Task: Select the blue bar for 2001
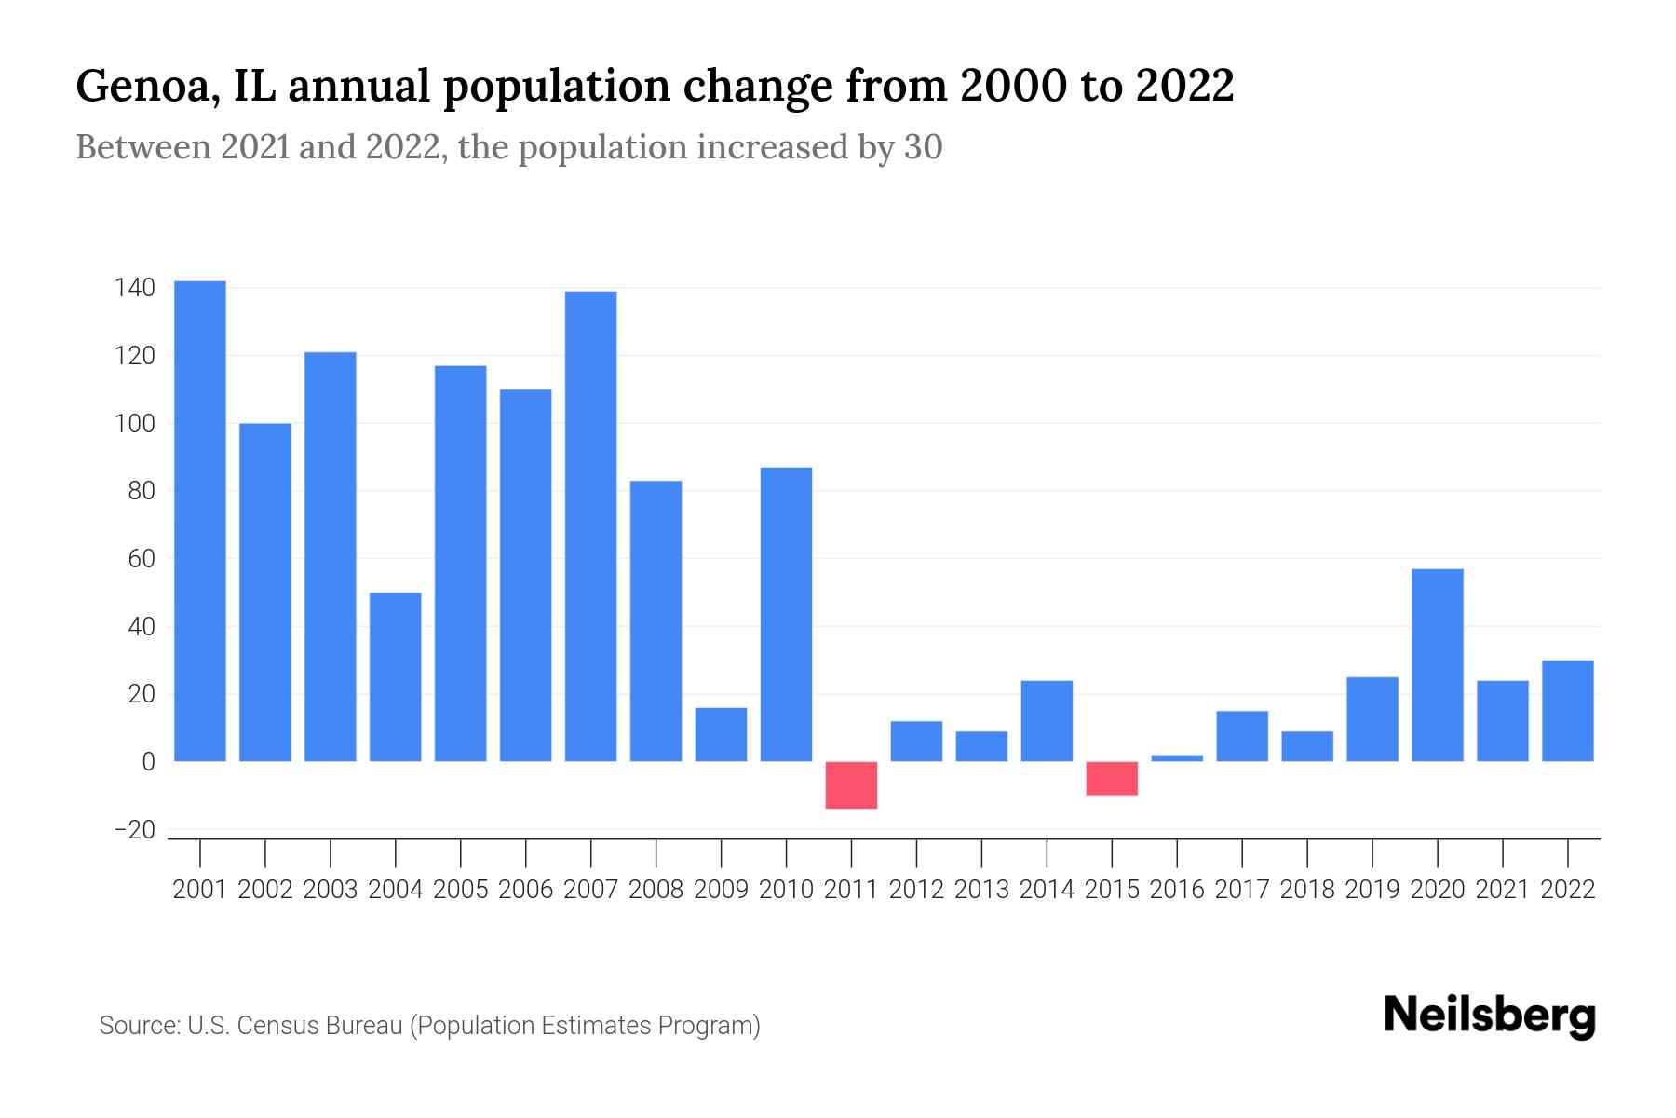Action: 200,522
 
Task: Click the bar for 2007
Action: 590,526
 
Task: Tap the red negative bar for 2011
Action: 851,785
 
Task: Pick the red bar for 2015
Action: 1112,779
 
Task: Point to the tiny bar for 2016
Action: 1177,757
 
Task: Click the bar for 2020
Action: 1438,665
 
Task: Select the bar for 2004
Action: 396,677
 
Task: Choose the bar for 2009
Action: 721,735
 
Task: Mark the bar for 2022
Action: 1568,711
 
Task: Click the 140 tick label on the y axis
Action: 134,288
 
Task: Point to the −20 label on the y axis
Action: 134,830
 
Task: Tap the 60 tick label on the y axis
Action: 142,559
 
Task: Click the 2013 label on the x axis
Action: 981,890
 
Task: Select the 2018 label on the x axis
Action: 1307,890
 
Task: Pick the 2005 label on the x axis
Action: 461,890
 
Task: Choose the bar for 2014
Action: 1047,721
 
